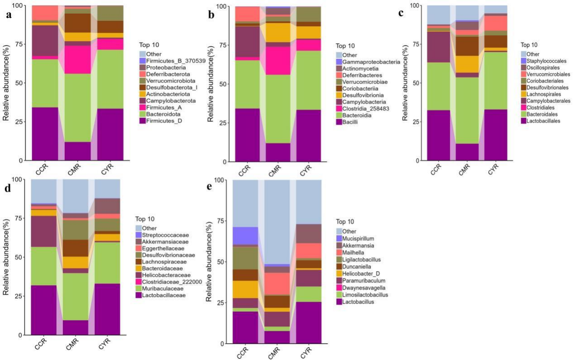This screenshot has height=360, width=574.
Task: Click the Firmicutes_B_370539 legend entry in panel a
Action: (x=173, y=61)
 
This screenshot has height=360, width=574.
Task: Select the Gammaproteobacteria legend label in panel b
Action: (x=368, y=62)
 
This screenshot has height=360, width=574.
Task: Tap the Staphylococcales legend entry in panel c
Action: (x=544, y=61)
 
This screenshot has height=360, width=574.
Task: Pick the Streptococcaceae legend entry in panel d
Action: (x=162, y=235)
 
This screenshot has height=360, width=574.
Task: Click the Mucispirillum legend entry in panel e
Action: (x=355, y=238)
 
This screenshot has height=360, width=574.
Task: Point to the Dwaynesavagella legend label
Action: (x=364, y=288)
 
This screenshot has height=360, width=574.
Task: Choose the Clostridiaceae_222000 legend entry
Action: (x=169, y=282)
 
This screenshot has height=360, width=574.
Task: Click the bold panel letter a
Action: (x=9, y=15)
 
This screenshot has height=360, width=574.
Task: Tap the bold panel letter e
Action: (x=209, y=187)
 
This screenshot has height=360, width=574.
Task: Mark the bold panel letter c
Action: (x=401, y=13)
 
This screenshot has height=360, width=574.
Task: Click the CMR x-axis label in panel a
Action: (x=74, y=170)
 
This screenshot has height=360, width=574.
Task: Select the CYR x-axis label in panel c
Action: (x=493, y=169)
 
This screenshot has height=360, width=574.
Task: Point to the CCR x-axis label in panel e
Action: (x=243, y=353)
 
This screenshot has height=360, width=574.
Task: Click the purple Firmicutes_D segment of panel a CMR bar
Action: (x=77, y=151)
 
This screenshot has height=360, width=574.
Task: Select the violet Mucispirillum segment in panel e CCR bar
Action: (x=245, y=236)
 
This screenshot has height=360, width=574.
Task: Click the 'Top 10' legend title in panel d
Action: (x=145, y=219)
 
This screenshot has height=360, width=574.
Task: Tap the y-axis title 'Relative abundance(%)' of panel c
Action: (x=405, y=83)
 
